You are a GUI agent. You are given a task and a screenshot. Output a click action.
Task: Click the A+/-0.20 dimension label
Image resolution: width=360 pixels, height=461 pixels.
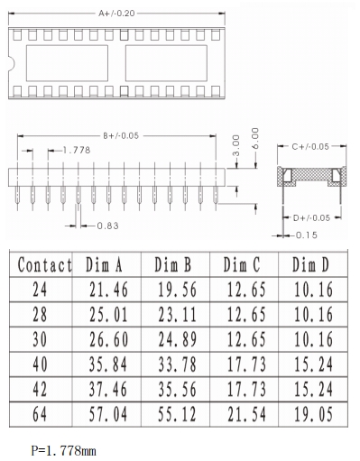(116, 14)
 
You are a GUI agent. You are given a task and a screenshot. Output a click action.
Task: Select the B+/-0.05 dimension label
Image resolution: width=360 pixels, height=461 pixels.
(121, 136)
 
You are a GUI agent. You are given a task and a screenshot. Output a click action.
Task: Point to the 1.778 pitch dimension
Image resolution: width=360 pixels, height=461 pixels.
(77, 150)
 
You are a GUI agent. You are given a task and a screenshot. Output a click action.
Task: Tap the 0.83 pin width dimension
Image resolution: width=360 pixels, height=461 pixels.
(107, 226)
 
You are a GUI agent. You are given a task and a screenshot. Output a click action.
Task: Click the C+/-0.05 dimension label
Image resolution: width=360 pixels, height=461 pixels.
(310, 147)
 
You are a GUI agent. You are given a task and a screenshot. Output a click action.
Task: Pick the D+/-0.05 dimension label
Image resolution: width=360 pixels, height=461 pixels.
(311, 217)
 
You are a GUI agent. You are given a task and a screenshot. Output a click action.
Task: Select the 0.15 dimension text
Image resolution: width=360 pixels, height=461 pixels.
(307, 235)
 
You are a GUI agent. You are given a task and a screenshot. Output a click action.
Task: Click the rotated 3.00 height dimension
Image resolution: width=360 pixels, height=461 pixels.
(236, 146)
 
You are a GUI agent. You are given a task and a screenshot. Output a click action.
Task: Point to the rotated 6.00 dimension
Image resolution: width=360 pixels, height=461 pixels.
(255, 138)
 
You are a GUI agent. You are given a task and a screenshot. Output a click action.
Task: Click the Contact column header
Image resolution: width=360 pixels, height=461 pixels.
(45, 265)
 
